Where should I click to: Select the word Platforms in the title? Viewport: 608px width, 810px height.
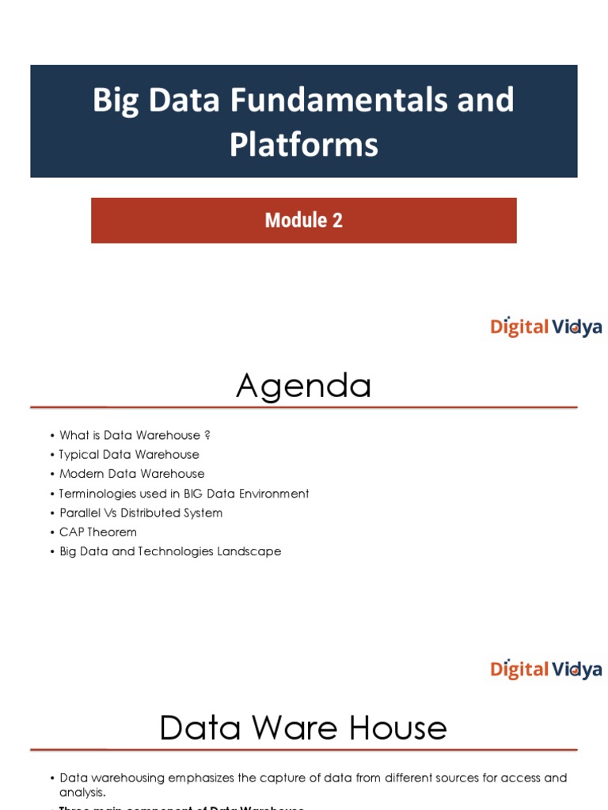[x=304, y=145]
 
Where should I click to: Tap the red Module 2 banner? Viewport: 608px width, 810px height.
[x=304, y=220]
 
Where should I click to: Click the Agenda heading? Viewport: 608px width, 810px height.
[x=304, y=386]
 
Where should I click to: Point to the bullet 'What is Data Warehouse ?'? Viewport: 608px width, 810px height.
[x=135, y=435]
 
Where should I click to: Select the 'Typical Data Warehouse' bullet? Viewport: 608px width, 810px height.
[x=129, y=455]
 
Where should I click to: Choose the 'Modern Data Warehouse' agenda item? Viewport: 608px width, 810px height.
[x=131, y=474]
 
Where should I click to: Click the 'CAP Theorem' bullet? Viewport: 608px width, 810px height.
[x=98, y=532]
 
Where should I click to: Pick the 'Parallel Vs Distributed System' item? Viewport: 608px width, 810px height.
[x=141, y=513]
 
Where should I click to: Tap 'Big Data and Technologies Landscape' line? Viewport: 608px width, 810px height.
[x=170, y=551]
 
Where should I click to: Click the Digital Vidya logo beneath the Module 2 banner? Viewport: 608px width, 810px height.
[x=545, y=327]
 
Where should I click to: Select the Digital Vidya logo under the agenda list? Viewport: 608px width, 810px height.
[x=545, y=669]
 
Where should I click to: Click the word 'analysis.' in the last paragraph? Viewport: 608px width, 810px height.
[x=82, y=792]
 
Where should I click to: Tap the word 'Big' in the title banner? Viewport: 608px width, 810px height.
[x=116, y=100]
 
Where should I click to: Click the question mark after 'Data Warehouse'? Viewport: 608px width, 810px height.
[x=207, y=435]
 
